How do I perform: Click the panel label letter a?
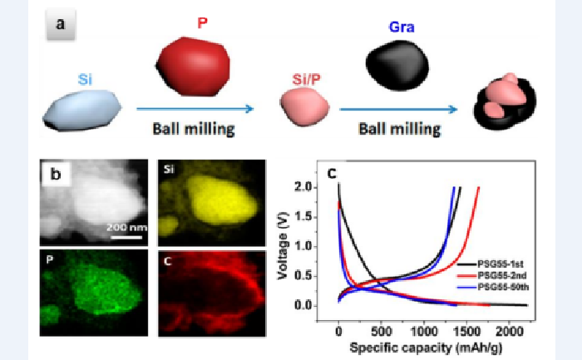tap(60, 25)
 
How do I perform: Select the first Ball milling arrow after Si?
tap(196, 108)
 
